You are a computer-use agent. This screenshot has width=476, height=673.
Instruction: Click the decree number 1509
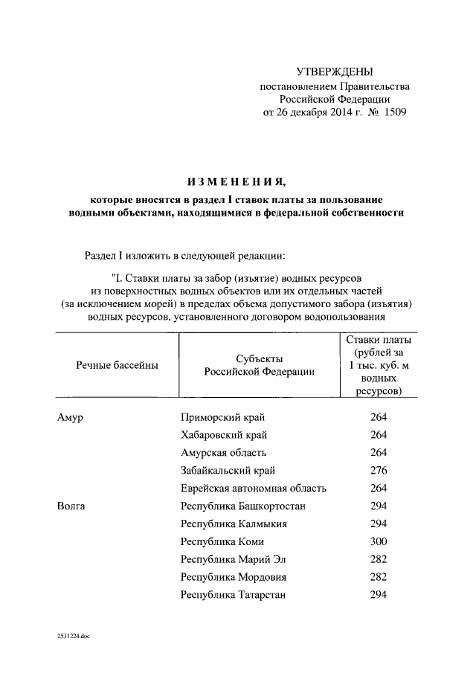(393, 112)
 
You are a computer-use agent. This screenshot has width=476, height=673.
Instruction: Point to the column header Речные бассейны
(117, 365)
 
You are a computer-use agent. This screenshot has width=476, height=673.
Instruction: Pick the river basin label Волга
(71, 506)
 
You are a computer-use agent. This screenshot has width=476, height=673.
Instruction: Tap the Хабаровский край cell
(224, 434)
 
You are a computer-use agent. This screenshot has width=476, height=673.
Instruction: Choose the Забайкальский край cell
(228, 471)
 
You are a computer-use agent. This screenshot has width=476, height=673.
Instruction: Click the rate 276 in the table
(379, 471)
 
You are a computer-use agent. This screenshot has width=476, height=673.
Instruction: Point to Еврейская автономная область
(254, 489)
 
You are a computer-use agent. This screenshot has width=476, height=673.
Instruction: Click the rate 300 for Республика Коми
(379, 541)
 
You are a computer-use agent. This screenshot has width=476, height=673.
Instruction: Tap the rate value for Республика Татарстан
(379, 595)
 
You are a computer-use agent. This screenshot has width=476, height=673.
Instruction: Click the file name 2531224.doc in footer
(72, 637)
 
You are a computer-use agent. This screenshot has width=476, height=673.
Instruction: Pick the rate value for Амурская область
(379, 452)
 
